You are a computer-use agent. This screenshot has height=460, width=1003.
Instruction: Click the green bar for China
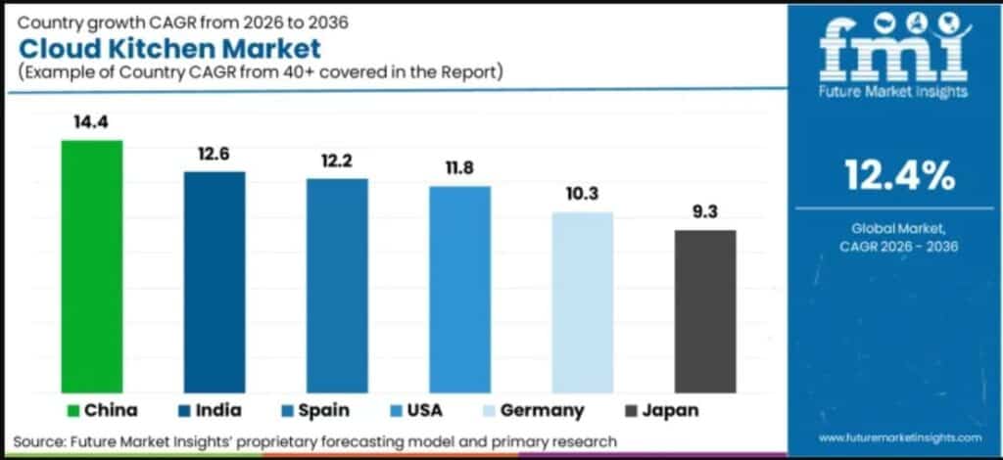[x=92, y=266]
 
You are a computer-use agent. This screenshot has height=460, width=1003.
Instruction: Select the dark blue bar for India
[x=215, y=282]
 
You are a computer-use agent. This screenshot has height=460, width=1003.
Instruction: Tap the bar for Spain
[x=337, y=285]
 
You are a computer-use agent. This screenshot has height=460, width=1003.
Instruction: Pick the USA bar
[x=459, y=289]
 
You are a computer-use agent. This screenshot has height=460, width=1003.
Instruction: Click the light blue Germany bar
[x=582, y=301]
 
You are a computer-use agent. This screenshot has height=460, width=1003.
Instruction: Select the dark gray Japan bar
[x=704, y=310]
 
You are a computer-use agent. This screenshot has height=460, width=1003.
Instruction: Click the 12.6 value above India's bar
[x=215, y=154]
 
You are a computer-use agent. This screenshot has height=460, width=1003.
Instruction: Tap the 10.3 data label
[x=582, y=194]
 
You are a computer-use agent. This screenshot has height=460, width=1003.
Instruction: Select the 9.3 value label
[x=704, y=212]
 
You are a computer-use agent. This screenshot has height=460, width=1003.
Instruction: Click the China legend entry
[x=103, y=410]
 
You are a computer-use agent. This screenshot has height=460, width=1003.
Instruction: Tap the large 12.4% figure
[x=899, y=175]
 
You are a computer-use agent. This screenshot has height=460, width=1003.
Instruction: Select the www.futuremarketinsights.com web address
[x=899, y=437]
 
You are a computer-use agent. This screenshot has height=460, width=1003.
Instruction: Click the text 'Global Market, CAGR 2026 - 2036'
[x=899, y=237]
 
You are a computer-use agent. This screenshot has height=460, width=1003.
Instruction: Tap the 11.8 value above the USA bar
[x=459, y=168]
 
